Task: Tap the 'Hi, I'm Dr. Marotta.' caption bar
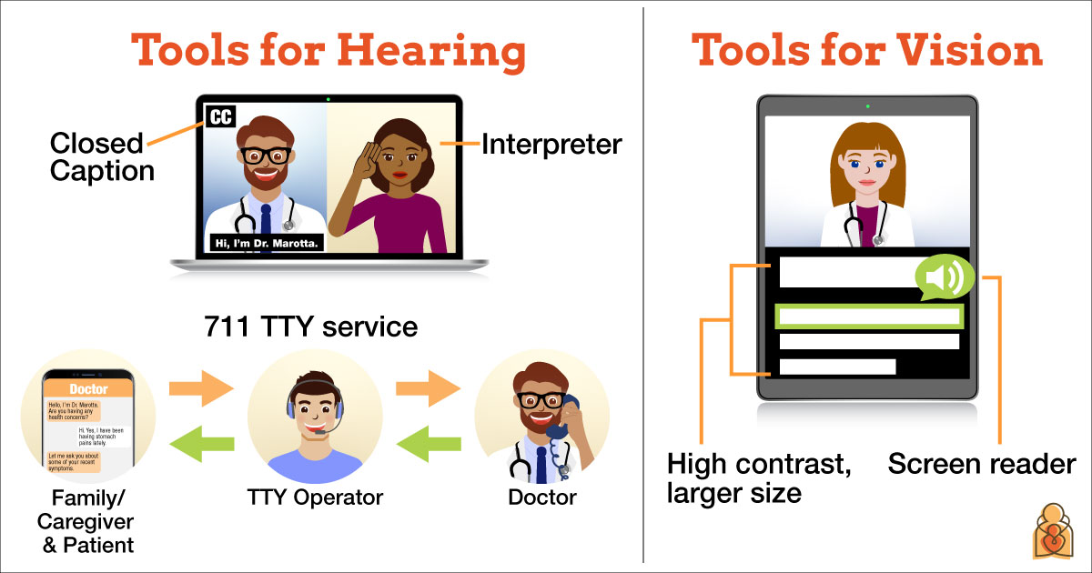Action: pos(265,243)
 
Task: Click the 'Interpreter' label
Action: pos(551,144)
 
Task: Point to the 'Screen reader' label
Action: pos(982,465)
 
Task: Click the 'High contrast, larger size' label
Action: pos(760,478)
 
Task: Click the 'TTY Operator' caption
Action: pos(315,498)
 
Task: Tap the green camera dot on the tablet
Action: pos(867,106)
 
